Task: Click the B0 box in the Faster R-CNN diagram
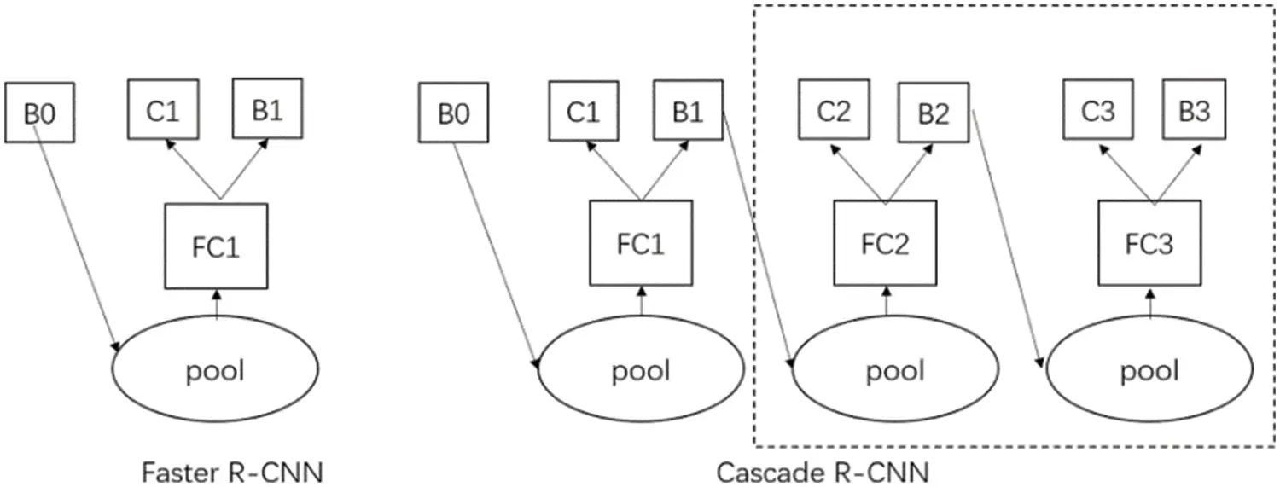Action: [39, 112]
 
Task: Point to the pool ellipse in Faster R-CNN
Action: [215, 371]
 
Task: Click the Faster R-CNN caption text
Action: [232, 471]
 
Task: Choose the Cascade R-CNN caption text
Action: [822, 471]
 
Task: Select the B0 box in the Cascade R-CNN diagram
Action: [453, 113]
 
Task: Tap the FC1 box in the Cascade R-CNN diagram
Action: [641, 244]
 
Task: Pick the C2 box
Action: [834, 110]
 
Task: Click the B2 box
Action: [933, 113]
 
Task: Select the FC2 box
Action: [885, 245]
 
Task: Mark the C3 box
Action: [1097, 110]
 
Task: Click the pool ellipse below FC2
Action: [894, 371]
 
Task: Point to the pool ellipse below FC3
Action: [1149, 371]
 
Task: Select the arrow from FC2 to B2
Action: [910, 174]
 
